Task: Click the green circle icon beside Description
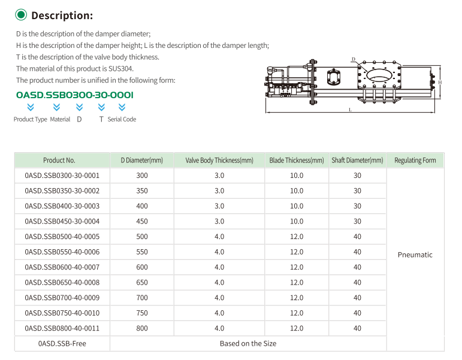click(21, 15)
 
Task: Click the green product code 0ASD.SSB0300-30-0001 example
click(75, 95)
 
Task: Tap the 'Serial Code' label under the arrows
click(122, 119)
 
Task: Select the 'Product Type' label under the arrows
click(31, 119)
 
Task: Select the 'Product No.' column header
click(59, 161)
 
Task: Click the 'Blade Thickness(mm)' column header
click(297, 161)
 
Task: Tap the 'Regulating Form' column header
click(415, 161)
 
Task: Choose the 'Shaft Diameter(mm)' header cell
click(357, 161)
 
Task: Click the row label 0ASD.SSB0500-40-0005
click(62, 237)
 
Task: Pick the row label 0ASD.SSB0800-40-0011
click(62, 328)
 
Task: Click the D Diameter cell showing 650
click(142, 283)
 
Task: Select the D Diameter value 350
click(142, 191)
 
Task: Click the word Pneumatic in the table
click(415, 255)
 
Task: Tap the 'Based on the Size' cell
click(248, 344)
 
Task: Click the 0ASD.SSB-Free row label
click(62, 344)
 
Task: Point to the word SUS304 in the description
click(121, 69)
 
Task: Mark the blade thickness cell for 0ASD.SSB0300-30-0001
click(297, 176)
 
